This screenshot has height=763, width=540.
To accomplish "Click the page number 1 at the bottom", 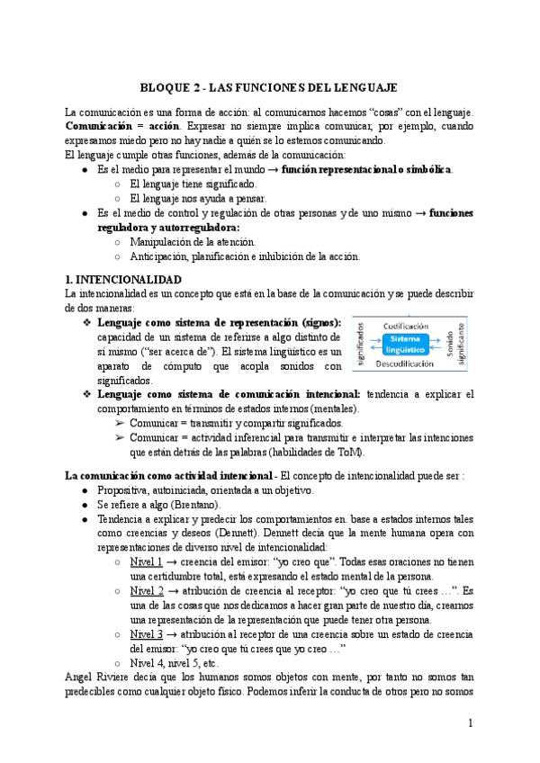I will (471, 723).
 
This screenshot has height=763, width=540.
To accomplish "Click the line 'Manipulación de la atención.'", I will (193, 241).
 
